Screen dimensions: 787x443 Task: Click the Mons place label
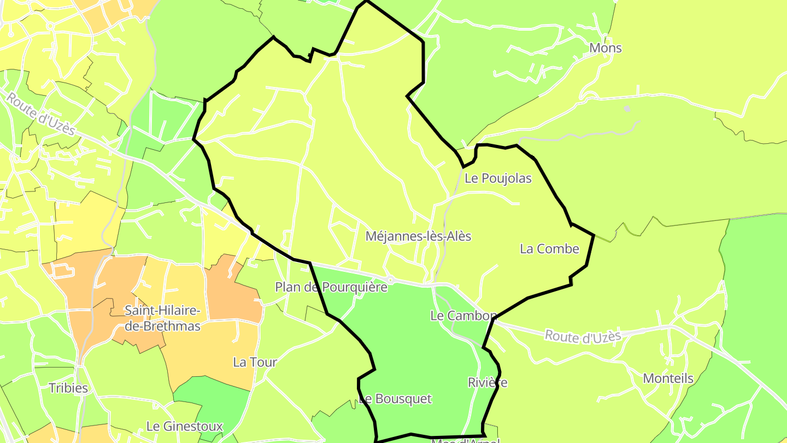pos(606,48)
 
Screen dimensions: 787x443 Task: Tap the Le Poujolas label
pos(498,178)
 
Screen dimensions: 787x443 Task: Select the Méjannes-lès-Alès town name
pos(418,236)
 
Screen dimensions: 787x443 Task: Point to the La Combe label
pos(549,249)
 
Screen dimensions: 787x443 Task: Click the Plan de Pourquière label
pos(331,287)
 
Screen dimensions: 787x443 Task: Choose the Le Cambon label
pos(462,316)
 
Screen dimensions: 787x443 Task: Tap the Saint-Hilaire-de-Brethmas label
pos(162,318)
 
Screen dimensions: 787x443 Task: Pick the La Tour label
pos(255,362)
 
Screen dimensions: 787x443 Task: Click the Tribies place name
pos(68,388)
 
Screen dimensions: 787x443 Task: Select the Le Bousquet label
pos(395,399)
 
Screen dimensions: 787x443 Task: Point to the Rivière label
pos(488,383)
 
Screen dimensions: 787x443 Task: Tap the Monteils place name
pos(668,378)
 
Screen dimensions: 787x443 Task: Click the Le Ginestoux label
pos(185,427)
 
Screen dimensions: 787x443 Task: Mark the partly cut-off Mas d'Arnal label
pos(465,440)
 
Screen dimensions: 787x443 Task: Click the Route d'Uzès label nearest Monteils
pos(583,335)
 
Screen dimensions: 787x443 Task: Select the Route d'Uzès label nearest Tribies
pos(41,114)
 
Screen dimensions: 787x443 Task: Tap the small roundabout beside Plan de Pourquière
pos(390,280)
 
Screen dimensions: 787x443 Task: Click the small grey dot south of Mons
pos(627,109)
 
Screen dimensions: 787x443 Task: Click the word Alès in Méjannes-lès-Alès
pos(457,236)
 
